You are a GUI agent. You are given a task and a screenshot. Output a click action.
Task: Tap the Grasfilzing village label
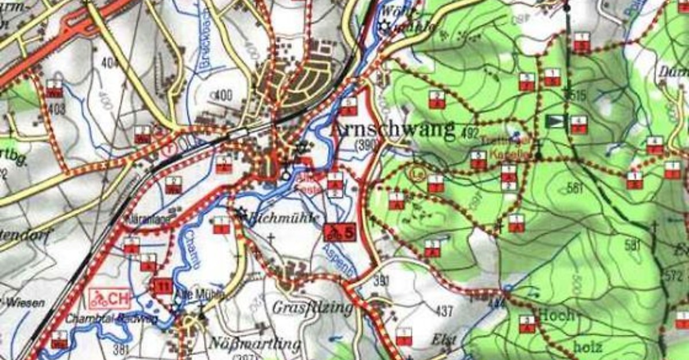coord(312,308)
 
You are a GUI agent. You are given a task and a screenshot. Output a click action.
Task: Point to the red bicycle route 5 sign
coord(340,232)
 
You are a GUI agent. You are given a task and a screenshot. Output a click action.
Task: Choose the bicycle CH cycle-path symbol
coord(109,299)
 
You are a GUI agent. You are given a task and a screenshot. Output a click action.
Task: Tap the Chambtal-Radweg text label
coord(111,319)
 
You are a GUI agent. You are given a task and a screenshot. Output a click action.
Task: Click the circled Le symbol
coord(417,172)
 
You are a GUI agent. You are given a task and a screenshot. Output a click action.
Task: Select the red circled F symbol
coord(168,146)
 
